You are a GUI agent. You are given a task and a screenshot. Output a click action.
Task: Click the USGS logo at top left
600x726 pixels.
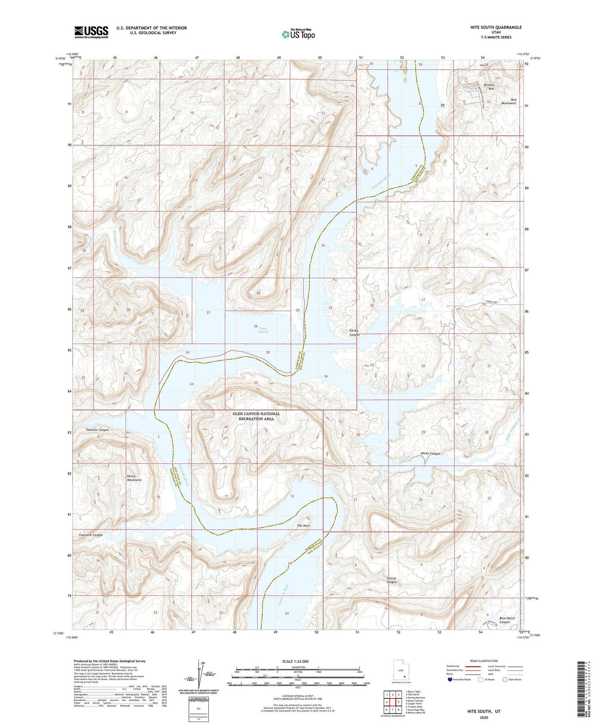pyautogui.click(x=91, y=32)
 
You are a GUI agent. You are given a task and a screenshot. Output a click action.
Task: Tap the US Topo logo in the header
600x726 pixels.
pyautogui.click(x=298, y=34)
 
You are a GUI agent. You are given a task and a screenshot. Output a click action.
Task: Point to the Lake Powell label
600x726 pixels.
pyautogui.click(x=263, y=330)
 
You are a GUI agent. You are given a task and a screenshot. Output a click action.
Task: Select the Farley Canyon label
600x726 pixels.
pyautogui.click(x=354, y=333)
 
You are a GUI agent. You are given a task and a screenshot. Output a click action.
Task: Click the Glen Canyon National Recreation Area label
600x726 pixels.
pyautogui.click(x=256, y=416)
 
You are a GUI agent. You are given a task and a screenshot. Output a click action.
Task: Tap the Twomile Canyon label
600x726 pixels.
pyautogui.click(x=97, y=430)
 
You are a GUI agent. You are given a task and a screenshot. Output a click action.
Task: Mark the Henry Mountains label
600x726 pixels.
pyautogui.click(x=134, y=478)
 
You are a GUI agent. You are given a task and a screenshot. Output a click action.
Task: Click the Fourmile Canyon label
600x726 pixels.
pyautogui.click(x=91, y=535)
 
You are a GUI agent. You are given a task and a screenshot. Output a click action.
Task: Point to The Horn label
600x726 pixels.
pyautogui.click(x=303, y=525)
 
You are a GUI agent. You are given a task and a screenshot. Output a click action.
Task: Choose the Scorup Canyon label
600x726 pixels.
pyautogui.click(x=392, y=580)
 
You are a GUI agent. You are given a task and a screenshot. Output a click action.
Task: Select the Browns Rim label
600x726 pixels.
pyautogui.click(x=489, y=87)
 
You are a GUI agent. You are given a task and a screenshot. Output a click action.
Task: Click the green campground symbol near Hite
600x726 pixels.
pyautogui.click(x=442, y=105)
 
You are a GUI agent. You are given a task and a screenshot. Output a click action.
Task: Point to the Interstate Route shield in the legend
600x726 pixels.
pyautogui.click(x=450, y=680)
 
